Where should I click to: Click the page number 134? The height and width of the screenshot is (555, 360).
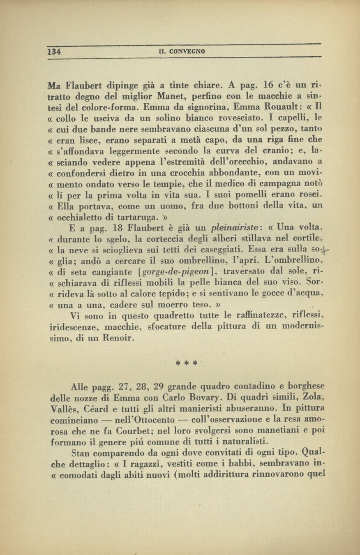pos(54,52)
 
